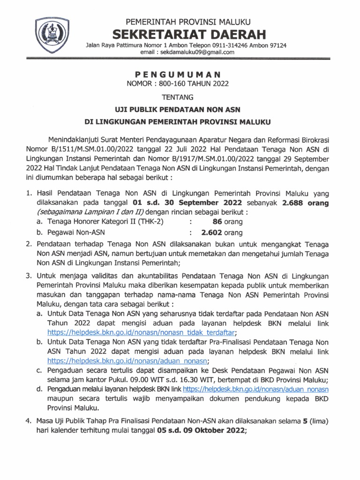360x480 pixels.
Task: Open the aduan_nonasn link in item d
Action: click(255, 389)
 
